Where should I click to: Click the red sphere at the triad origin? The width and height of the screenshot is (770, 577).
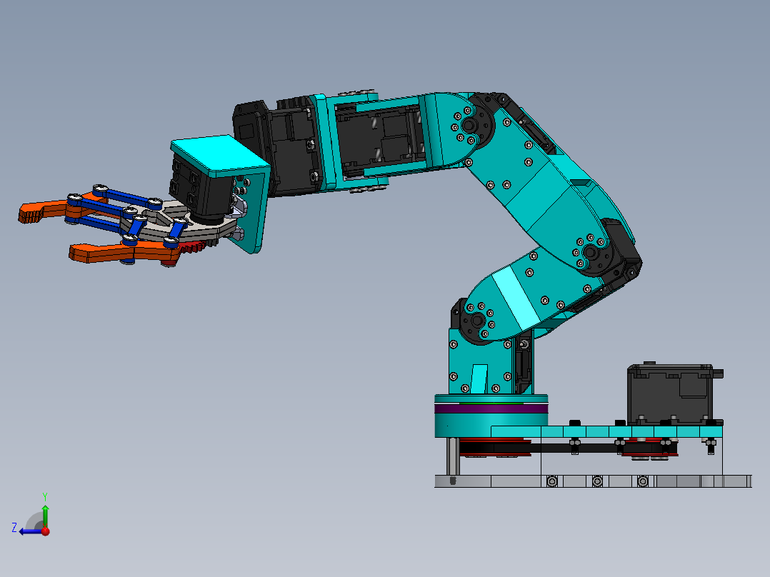pyautogui.click(x=45, y=531)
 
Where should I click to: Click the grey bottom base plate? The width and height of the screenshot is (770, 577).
pyautogui.click(x=593, y=481)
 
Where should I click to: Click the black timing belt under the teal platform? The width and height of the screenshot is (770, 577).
pyautogui.click(x=571, y=448)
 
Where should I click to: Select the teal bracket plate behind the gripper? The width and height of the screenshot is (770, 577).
pyautogui.click(x=252, y=214)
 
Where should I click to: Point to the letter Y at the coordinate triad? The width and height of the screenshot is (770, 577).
pyautogui.click(x=44, y=495)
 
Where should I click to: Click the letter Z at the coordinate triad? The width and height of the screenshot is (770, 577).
pyautogui.click(x=14, y=528)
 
